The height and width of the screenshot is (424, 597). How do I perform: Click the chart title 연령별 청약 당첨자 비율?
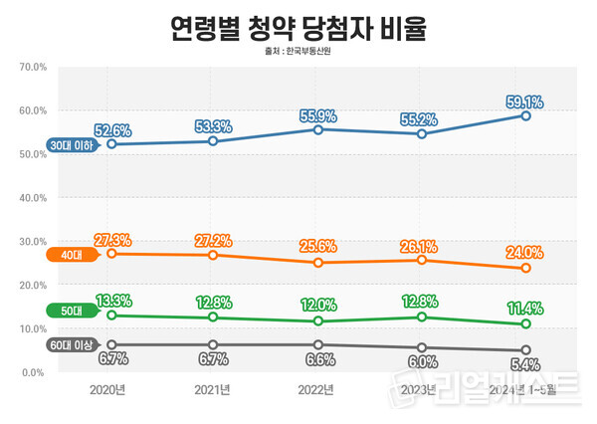pyautogui.click(x=298, y=27)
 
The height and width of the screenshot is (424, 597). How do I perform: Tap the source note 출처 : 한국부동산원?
pyautogui.click(x=298, y=52)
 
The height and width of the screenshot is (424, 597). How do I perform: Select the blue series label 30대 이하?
pyautogui.click(x=72, y=145)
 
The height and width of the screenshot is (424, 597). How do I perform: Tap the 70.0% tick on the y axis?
pyautogui.click(x=34, y=68)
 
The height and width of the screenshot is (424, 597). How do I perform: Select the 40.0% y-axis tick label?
pyautogui.click(x=34, y=198)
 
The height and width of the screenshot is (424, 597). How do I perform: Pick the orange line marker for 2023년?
pyautogui.click(x=422, y=260)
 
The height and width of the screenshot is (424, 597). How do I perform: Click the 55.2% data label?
pyautogui.click(x=422, y=116)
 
